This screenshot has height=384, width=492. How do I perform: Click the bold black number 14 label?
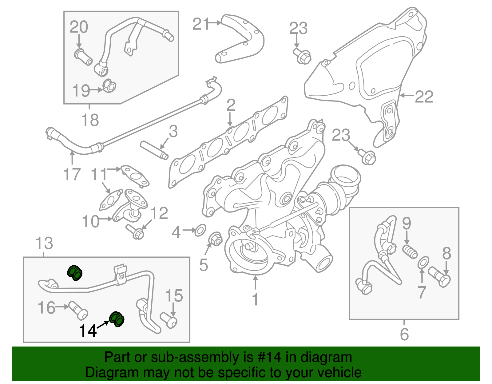tap(88, 331)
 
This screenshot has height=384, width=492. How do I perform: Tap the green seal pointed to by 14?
tap(117, 319)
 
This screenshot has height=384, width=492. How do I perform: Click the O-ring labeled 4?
tap(200, 230)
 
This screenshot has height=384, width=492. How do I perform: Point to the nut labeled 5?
tap(215, 239)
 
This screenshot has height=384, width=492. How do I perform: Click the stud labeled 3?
tap(154, 150)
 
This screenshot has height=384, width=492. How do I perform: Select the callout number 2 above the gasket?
tap(231, 105)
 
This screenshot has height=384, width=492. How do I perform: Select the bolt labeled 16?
tap(78, 310)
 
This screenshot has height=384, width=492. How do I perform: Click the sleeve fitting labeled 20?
tap(83, 57)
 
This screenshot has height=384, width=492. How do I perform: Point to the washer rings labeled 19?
tap(109, 86)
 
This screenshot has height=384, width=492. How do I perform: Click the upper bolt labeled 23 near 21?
tap(303, 56)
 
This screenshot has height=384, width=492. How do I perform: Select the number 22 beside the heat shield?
tap(424, 97)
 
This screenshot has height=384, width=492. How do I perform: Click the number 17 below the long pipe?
tap(72, 174)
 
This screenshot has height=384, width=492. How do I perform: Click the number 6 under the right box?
tap(404, 334)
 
